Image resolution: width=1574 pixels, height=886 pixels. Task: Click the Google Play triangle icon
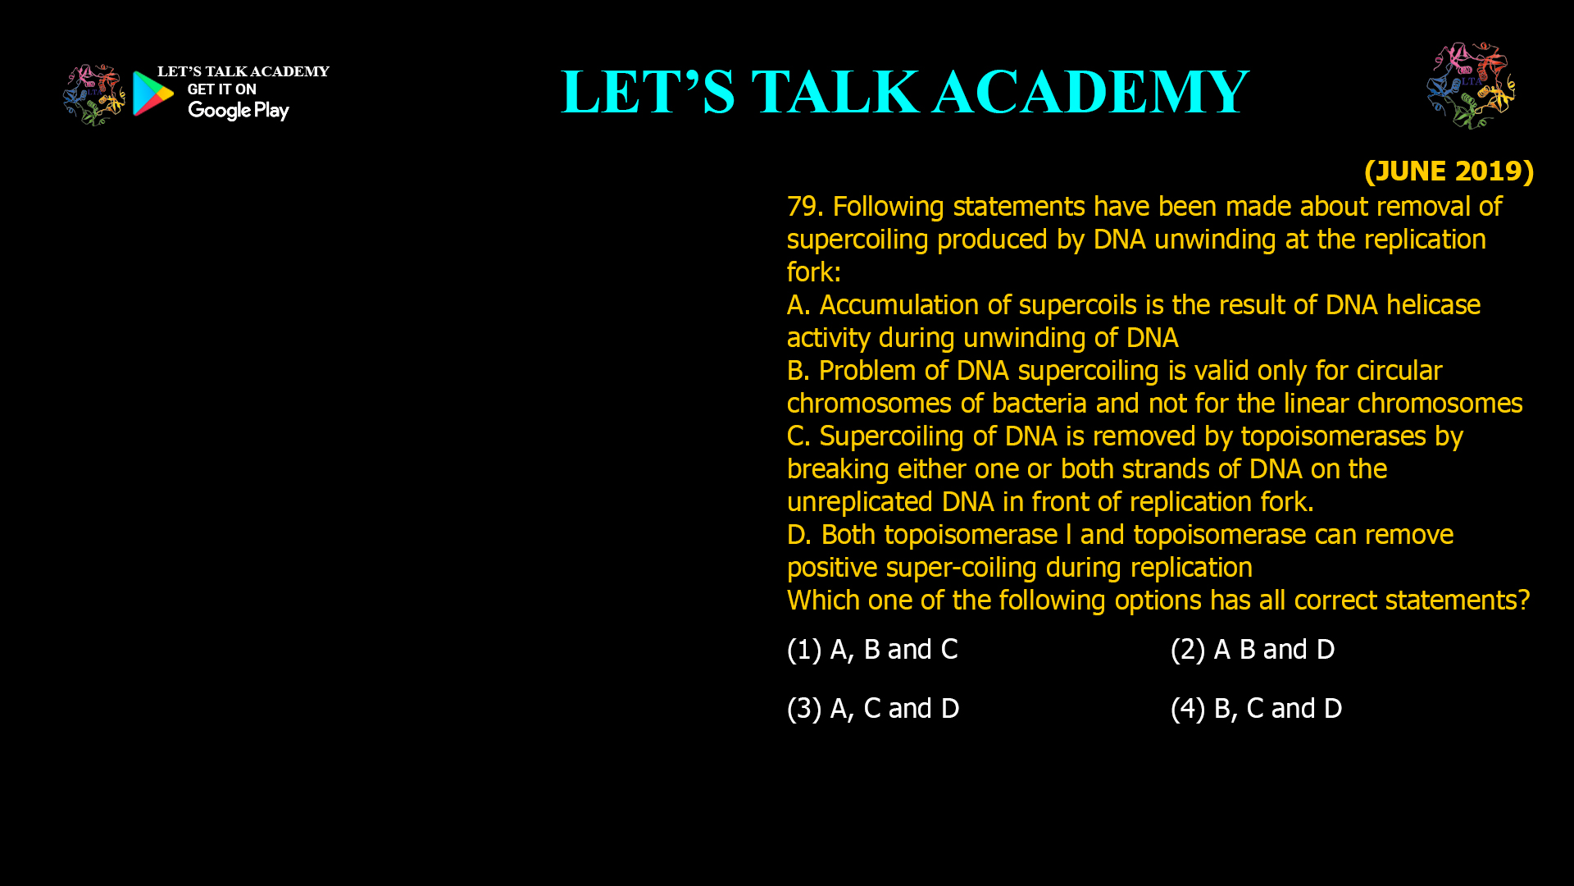pos(152,94)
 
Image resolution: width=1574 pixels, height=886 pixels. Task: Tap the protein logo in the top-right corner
pos(1471,85)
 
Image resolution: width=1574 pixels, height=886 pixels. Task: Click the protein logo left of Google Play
pos(93,95)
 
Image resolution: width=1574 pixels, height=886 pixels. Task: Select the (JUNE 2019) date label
pos(1449,171)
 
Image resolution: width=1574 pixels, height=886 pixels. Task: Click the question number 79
pos(804,206)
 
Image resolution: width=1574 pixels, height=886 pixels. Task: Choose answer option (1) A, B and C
pos(872,649)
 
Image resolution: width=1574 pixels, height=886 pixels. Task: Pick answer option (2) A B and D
pos(1253,649)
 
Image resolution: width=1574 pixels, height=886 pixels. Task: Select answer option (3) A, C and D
pos(873,708)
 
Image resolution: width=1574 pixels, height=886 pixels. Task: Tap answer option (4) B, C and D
pos(1256,708)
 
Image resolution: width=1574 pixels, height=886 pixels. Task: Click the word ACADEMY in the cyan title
pos(1090,92)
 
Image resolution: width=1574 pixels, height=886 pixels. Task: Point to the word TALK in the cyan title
pos(835,92)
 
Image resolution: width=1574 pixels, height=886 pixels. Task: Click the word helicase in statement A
pos(1433,304)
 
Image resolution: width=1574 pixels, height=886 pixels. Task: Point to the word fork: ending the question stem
pos(813,272)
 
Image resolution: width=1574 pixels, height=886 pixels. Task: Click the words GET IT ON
pos(221,89)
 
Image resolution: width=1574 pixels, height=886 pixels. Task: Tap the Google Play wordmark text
pos(238,111)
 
